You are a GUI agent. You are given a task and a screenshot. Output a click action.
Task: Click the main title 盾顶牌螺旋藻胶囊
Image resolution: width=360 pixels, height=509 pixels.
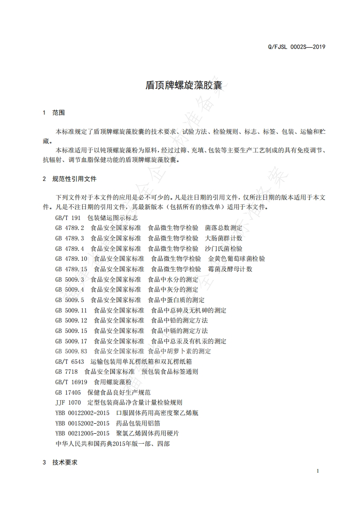coord(180,85)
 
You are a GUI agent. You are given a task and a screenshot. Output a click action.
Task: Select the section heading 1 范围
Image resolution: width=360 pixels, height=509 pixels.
coord(54,113)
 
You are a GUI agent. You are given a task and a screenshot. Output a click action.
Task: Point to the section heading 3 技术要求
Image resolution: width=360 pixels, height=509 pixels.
coord(60,463)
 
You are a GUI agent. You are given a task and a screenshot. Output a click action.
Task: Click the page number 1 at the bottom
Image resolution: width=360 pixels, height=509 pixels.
coord(318,471)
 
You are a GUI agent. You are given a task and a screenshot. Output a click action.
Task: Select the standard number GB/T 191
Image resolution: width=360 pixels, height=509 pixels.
coord(68,218)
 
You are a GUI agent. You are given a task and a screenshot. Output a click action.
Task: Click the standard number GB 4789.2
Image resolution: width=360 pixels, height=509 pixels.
coord(69,228)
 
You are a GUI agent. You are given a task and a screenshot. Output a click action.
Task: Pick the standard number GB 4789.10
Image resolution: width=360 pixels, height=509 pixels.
coord(71,259)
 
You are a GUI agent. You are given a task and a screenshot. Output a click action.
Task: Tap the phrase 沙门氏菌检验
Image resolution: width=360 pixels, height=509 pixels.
coord(224,249)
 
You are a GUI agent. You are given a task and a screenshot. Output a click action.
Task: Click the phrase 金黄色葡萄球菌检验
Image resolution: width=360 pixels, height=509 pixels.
coord(237,259)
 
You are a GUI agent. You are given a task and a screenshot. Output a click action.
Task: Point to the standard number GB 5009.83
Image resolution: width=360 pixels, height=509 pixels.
coord(71,351)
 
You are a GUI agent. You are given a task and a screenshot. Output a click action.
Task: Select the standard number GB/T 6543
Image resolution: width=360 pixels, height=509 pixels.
coord(69,362)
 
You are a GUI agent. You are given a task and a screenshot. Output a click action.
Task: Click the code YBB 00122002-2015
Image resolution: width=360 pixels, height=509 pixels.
coord(82,413)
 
